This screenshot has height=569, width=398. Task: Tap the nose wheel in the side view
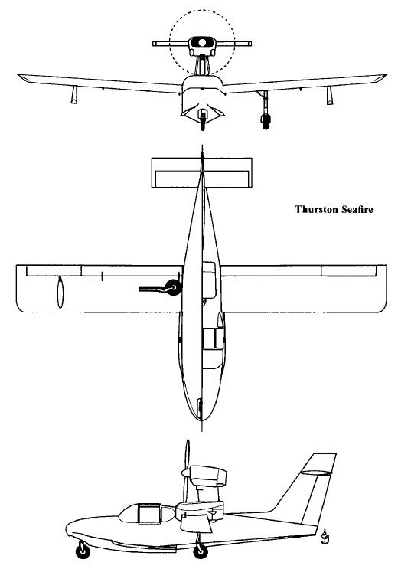click(x=83, y=551)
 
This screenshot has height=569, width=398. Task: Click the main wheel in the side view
click(x=201, y=551)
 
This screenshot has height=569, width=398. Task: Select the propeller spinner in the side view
click(x=186, y=473)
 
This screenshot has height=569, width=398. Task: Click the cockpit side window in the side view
click(x=149, y=514)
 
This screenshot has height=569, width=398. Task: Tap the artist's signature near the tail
click(x=325, y=537)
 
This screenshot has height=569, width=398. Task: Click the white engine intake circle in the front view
click(x=202, y=43)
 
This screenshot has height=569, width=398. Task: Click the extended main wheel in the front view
click(x=266, y=122)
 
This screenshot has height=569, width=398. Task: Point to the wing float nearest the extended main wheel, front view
click(x=330, y=96)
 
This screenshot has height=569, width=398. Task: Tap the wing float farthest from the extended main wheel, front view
click(x=74, y=95)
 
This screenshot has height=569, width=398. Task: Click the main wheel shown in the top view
click(x=174, y=287)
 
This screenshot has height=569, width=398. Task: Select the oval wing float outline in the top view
click(x=60, y=292)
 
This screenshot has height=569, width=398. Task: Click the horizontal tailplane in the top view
click(x=202, y=173)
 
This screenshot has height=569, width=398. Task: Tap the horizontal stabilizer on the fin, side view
click(x=316, y=473)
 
